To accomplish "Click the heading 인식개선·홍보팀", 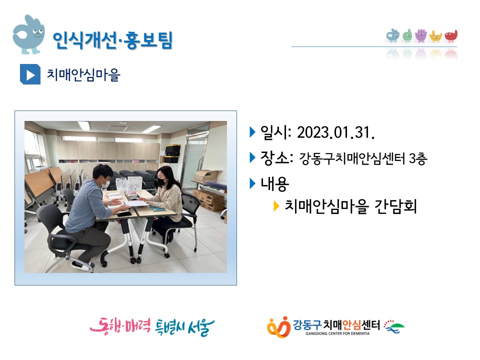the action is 112,40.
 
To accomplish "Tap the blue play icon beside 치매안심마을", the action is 30,74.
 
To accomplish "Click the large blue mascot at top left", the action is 28,35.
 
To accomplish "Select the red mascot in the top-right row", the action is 451,36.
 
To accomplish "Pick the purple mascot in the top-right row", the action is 421,35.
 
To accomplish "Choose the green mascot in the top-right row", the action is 407,35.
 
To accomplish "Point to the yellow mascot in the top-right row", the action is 435,36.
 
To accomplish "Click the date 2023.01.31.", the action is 336,132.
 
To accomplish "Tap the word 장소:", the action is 276,158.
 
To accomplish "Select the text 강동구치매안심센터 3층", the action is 363,158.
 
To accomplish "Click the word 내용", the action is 274,184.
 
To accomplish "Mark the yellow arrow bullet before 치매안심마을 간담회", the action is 276,206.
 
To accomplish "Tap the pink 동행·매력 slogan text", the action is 120,326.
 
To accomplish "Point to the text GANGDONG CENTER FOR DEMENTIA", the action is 337,333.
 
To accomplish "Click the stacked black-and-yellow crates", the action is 172,153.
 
